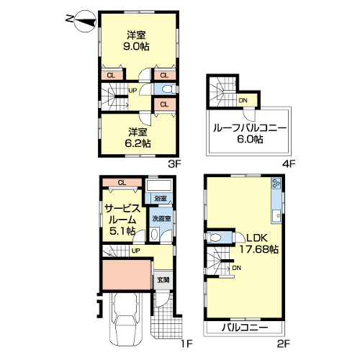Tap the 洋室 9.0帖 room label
(136, 41)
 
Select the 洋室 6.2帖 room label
(138, 138)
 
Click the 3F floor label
(174, 164)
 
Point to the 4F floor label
(289, 164)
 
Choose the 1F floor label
(186, 344)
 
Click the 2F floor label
(284, 344)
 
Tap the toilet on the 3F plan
(168, 89)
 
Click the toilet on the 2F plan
(214, 238)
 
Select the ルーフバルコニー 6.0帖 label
(250, 133)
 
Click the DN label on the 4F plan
(243, 100)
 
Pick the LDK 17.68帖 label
(259, 244)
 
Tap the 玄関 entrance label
(163, 280)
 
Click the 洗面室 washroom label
(161, 219)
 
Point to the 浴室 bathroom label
(161, 198)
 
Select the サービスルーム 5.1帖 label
(122, 220)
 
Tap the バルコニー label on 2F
(245, 328)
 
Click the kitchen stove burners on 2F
(276, 183)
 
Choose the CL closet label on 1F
(122, 183)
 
